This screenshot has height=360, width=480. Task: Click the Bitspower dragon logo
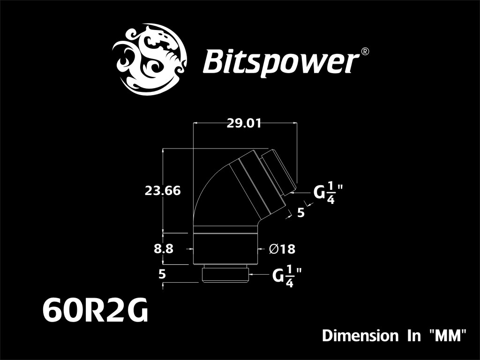[149, 58]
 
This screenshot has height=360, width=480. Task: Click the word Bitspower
[280, 61]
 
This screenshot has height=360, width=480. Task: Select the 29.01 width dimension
[244, 124]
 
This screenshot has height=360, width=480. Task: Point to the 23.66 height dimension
[163, 191]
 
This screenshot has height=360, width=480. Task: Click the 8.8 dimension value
[164, 249]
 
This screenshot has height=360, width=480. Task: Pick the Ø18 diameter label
[282, 249]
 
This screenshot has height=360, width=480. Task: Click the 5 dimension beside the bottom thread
[162, 274]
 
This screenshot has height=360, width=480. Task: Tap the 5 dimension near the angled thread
[301, 212]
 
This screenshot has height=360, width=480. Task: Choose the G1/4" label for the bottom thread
[285, 277]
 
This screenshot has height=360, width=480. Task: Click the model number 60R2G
[95, 311]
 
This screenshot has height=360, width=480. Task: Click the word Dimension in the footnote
[360, 336]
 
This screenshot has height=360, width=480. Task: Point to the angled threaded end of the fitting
[279, 172]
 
